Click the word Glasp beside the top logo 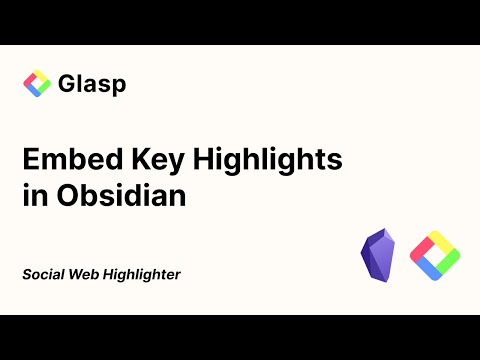[x=91, y=84]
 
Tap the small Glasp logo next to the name [x=37, y=84]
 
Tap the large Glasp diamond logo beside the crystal [x=434, y=255]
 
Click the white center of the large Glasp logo [x=434, y=255]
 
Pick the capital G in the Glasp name [x=67, y=84]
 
